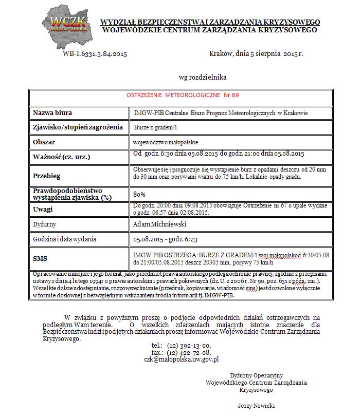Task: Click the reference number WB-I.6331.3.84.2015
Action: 95,53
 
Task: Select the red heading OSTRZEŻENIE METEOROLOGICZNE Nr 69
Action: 183,96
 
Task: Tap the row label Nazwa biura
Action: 52,112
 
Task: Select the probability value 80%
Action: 139,194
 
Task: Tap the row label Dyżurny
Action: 45,224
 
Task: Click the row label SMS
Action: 41,258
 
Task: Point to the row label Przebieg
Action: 46,175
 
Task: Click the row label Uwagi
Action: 43,209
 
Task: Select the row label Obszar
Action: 44,141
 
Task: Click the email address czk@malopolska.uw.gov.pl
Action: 182,360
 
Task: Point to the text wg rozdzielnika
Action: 202,78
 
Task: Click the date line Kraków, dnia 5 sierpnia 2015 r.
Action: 257,53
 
